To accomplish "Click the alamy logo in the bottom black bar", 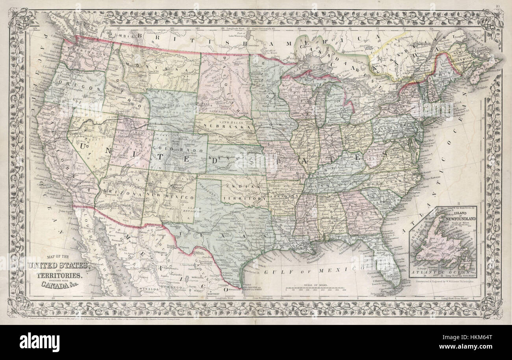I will [39, 342].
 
